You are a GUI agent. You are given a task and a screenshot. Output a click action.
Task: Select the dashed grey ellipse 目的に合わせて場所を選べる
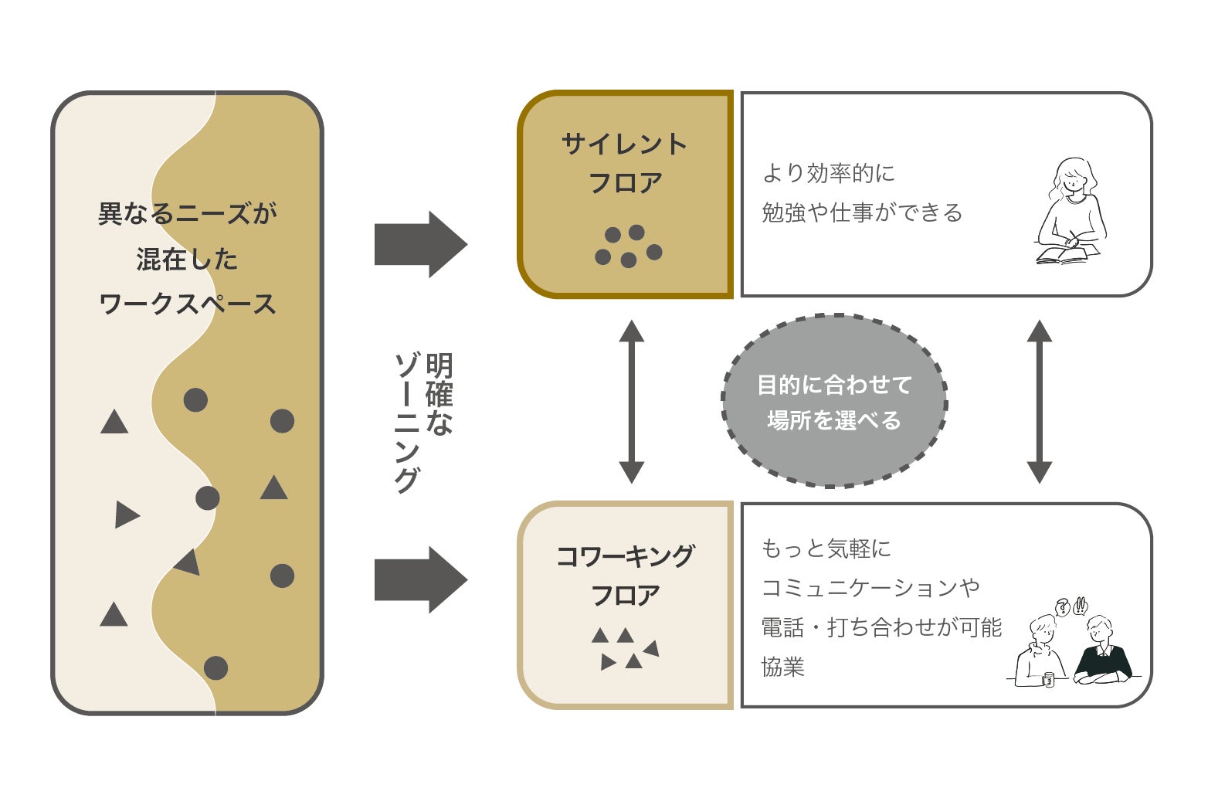tap(834, 401)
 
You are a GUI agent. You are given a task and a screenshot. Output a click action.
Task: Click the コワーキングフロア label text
tap(625, 576)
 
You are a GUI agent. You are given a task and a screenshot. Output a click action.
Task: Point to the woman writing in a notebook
tap(1071, 212)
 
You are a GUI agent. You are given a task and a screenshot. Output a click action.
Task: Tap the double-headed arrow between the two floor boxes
tap(631, 402)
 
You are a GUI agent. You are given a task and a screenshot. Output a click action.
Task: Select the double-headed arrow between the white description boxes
tap(1039, 402)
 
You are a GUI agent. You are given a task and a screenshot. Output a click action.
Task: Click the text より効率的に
tap(828, 173)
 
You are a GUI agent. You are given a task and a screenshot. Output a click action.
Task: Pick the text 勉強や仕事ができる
tap(862, 212)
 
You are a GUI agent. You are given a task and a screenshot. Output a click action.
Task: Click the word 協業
tap(783, 667)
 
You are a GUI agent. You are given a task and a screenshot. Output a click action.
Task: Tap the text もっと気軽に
tap(826, 549)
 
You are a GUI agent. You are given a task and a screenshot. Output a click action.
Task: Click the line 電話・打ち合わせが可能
tap(881, 627)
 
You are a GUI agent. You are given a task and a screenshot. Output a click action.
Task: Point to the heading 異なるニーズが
tap(188, 213)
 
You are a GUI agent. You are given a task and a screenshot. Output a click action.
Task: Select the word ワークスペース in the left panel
tap(188, 304)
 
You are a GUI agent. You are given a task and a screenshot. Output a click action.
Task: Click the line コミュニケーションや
tap(870, 588)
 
